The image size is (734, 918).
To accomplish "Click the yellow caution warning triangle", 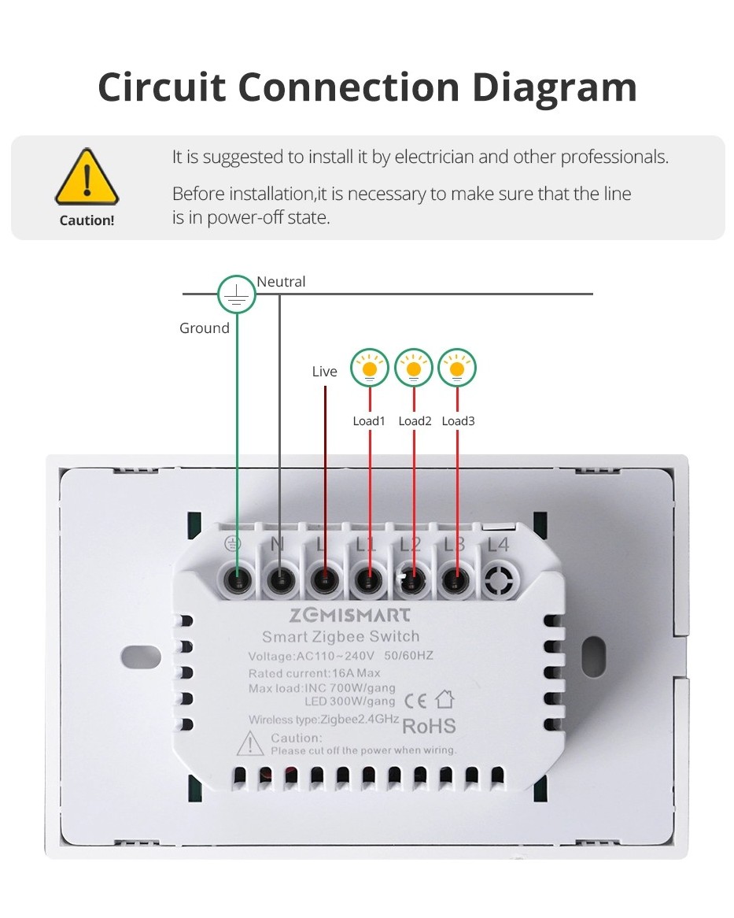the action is (87, 176).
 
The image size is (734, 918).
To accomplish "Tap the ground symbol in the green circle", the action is (236, 294).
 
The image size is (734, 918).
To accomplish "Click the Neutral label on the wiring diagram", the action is (281, 282).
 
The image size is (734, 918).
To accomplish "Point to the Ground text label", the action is (204, 328).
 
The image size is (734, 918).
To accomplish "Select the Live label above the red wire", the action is (325, 371).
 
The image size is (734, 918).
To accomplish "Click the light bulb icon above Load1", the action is (370, 368).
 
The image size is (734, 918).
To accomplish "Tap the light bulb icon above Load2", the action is (414, 368).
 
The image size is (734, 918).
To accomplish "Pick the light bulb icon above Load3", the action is (457, 368).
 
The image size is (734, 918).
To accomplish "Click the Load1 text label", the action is (369, 421).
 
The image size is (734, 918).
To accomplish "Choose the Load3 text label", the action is (458, 421).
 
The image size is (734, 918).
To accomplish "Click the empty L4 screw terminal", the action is (500, 581).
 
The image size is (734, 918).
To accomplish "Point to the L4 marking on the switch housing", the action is (498, 545).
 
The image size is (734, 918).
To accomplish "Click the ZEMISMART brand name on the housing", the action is (350, 615).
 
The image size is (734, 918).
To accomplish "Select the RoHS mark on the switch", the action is (429, 726).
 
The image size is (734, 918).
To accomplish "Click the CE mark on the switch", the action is (415, 701).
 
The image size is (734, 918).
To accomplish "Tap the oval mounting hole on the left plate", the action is (141, 657).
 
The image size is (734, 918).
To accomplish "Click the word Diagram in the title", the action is (555, 88).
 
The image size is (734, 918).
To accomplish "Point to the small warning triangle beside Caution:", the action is (250, 743).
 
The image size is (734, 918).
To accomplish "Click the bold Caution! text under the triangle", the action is (87, 220).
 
